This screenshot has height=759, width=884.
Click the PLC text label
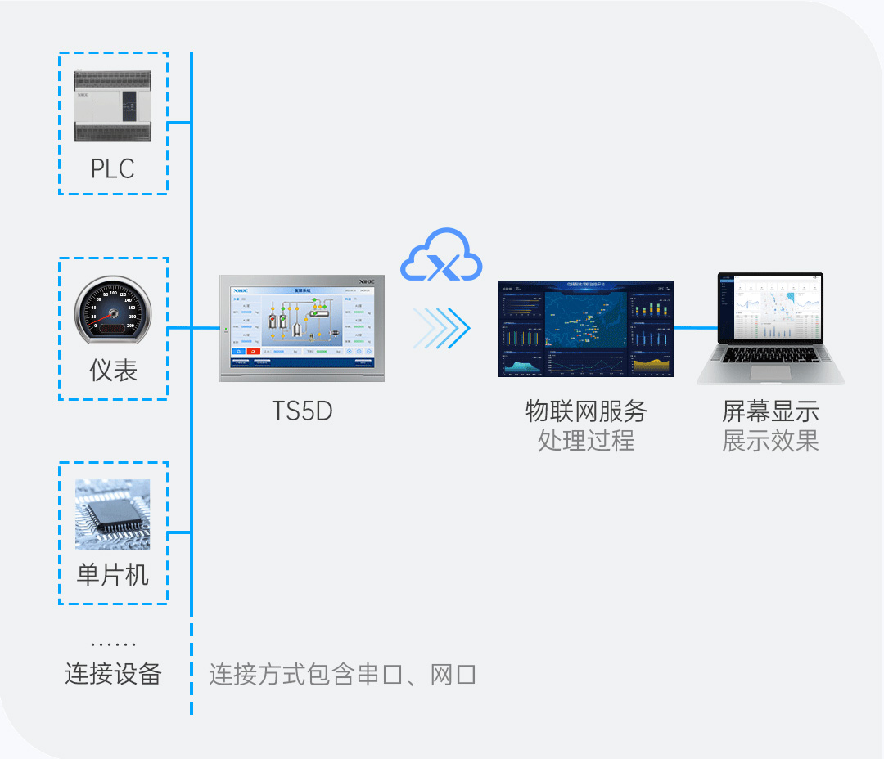[x=112, y=168]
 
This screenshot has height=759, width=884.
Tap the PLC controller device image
[x=112, y=106]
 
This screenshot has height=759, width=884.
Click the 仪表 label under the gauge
[x=113, y=371]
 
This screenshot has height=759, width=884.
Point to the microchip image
[x=113, y=514]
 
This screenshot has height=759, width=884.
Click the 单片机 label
[x=113, y=574]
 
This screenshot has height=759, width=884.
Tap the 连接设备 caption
[x=113, y=674]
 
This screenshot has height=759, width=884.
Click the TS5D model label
[x=302, y=411]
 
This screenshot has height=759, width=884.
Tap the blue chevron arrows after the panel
[x=441, y=328]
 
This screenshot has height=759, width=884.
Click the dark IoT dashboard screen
[x=585, y=329]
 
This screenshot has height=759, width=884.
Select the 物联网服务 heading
[x=585, y=411]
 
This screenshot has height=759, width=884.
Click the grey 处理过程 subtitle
[x=585, y=441]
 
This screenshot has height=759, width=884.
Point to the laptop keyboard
[x=769, y=357]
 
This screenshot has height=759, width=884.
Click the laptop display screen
[x=770, y=308]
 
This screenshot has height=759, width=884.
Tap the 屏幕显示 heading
[x=770, y=411]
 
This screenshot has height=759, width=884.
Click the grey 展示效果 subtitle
[x=770, y=441]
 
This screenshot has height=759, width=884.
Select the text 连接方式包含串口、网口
[x=342, y=675]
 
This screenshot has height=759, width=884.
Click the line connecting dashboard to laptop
[x=695, y=328]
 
